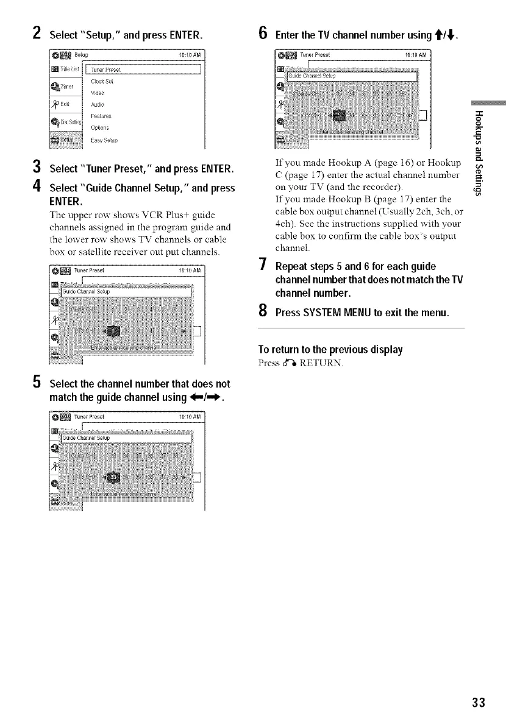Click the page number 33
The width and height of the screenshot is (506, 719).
(479, 703)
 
